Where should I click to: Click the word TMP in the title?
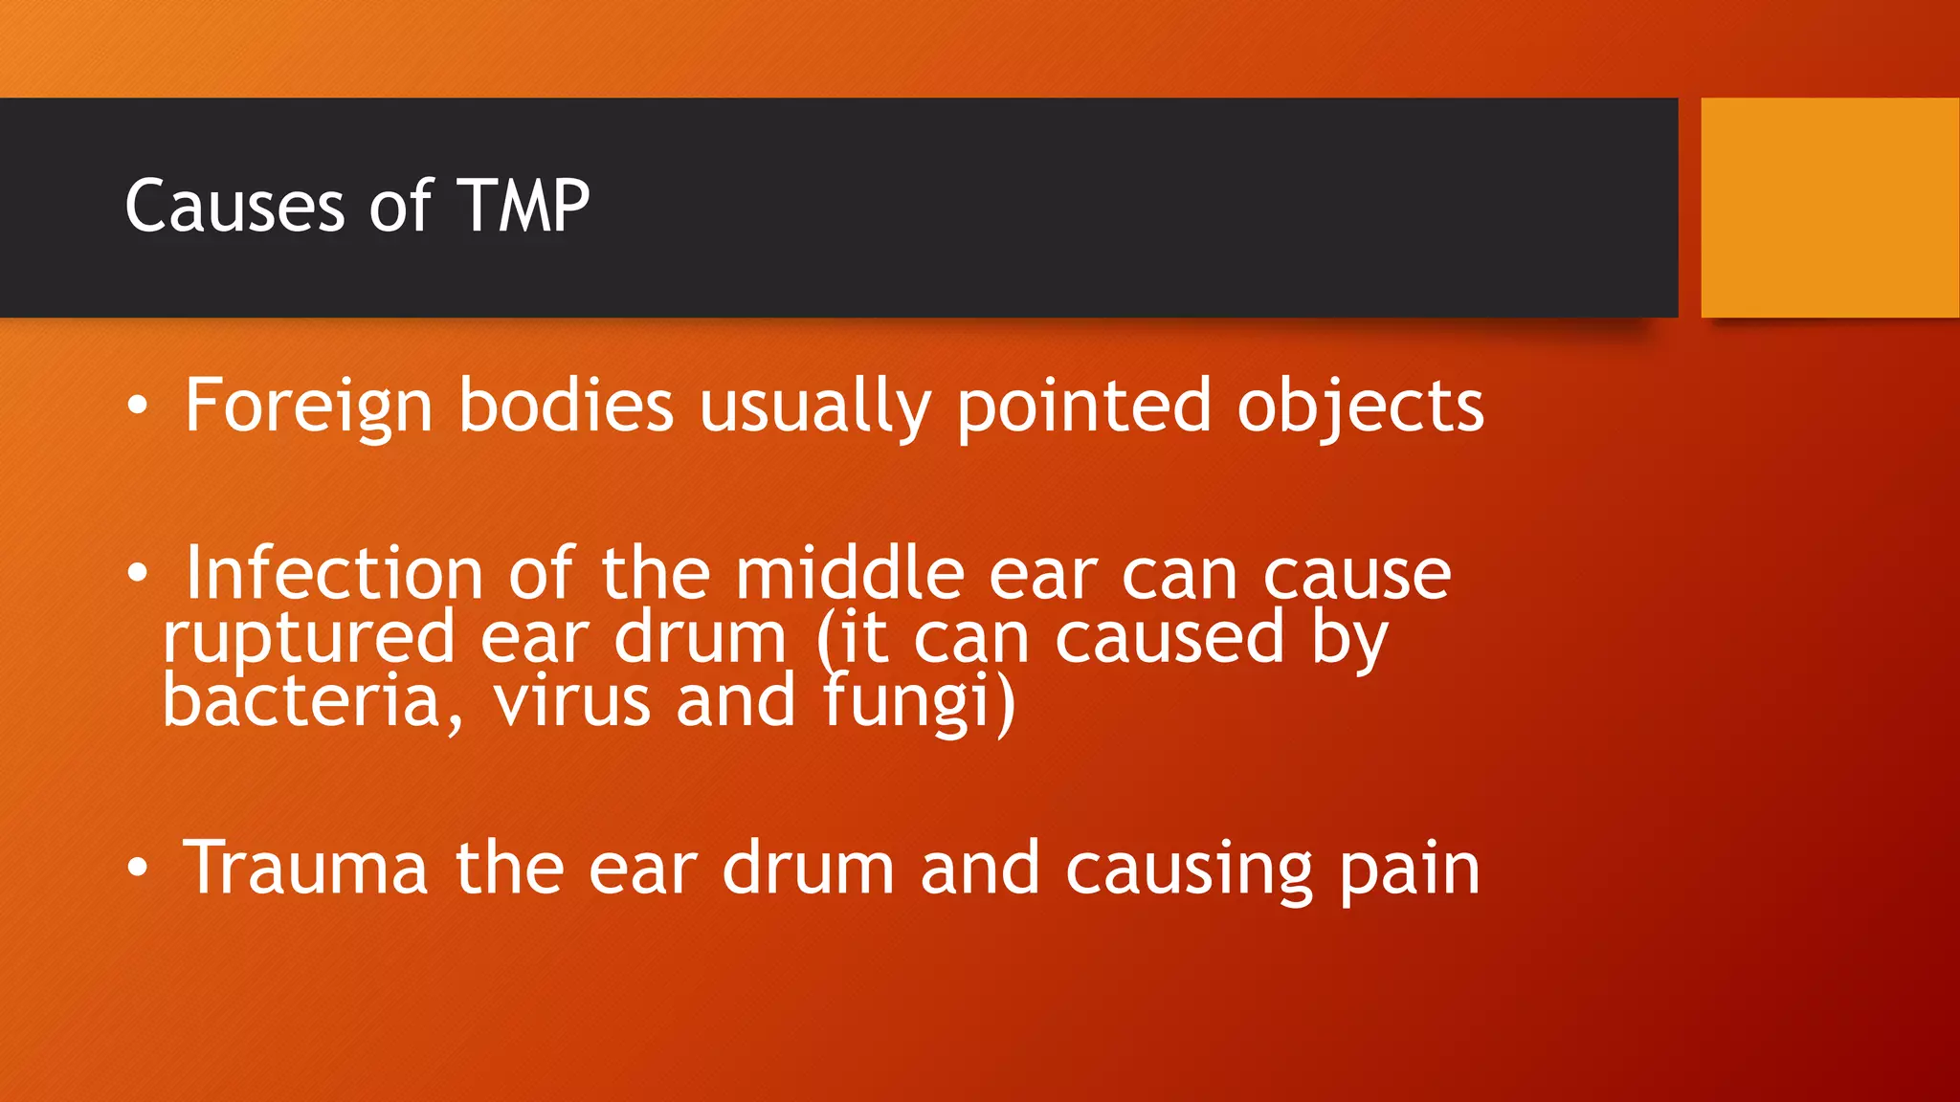click(523, 206)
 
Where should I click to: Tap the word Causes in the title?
click(234, 206)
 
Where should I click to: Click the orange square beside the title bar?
click(1829, 208)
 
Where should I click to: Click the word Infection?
click(334, 574)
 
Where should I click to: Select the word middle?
click(849, 574)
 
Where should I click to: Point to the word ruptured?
click(308, 639)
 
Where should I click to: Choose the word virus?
click(571, 701)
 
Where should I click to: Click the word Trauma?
click(305, 869)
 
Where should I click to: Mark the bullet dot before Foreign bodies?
click(138, 407)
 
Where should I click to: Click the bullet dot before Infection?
click(138, 574)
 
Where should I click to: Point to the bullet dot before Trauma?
click(138, 869)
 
